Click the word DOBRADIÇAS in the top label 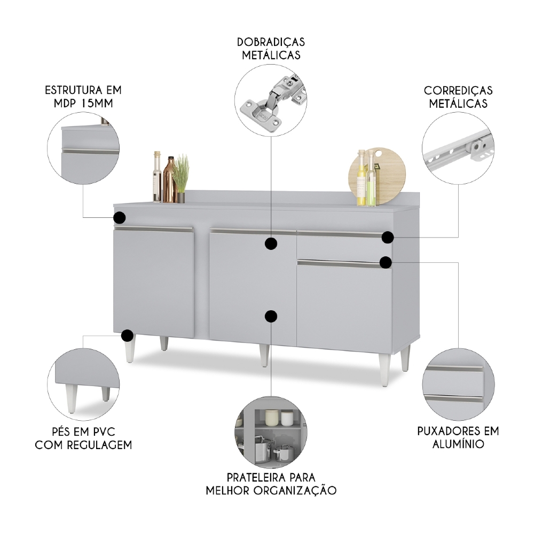click(x=271, y=42)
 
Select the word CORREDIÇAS click(x=458, y=91)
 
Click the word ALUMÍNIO click(x=458, y=444)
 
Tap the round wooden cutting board click(x=378, y=176)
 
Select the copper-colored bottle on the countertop click(x=170, y=179)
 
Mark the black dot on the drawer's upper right click(x=388, y=238)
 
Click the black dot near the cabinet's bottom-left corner click(x=128, y=335)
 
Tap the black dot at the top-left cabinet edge click(x=120, y=217)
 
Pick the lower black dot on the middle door click(x=271, y=316)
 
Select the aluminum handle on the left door click(x=154, y=229)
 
